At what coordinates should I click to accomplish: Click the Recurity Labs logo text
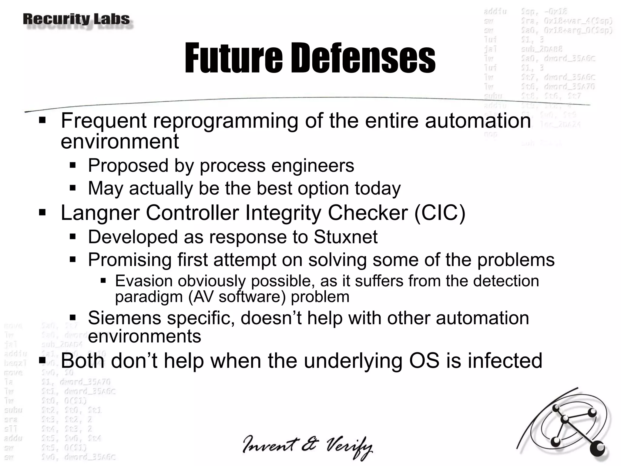point(76,19)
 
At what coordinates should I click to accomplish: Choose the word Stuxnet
point(345,237)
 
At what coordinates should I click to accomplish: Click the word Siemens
point(124,318)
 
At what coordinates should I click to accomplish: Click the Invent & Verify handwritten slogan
point(307,447)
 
